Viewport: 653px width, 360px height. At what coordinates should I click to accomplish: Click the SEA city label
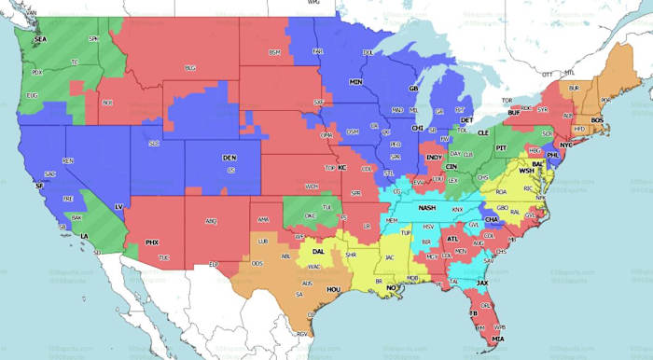(40, 40)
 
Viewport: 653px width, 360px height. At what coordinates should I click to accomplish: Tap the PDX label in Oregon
(37, 72)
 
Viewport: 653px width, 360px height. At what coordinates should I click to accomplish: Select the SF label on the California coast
(39, 186)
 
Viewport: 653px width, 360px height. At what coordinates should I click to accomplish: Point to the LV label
(118, 205)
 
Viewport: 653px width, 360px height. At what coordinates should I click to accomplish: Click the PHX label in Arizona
(152, 242)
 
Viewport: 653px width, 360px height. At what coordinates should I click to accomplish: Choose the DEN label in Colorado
(229, 159)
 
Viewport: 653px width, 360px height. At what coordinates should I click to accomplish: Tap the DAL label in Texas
(319, 251)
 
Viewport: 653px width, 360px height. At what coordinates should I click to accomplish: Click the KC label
(342, 168)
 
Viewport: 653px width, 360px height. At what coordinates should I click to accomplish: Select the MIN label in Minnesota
(355, 82)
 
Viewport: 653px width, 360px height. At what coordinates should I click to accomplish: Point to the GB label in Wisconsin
(413, 89)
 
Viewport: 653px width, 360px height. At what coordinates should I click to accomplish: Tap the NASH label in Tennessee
(427, 208)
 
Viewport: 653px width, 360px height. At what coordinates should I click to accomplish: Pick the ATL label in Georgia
(452, 239)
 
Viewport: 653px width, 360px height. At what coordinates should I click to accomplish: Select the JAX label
(482, 282)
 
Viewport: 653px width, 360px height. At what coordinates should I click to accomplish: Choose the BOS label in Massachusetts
(597, 120)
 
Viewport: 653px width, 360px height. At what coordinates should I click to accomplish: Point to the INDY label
(435, 158)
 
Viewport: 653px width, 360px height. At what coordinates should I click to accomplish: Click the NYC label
(566, 146)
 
